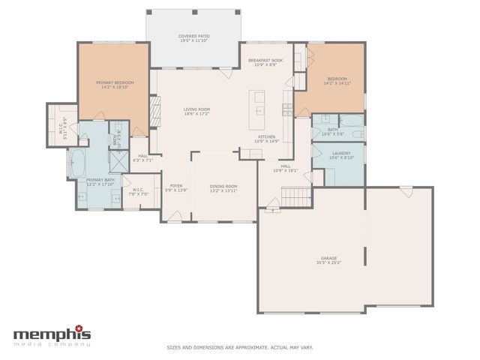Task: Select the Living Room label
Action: point(196,109)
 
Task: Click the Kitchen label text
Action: point(266,136)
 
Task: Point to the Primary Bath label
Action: point(100,180)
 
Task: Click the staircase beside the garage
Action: point(295,196)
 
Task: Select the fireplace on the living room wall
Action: point(156,112)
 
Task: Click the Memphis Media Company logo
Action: point(52,335)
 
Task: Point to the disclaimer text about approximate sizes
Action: point(239,347)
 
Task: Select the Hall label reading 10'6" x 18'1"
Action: point(286,170)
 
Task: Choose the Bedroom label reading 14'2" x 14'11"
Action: point(337,82)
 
